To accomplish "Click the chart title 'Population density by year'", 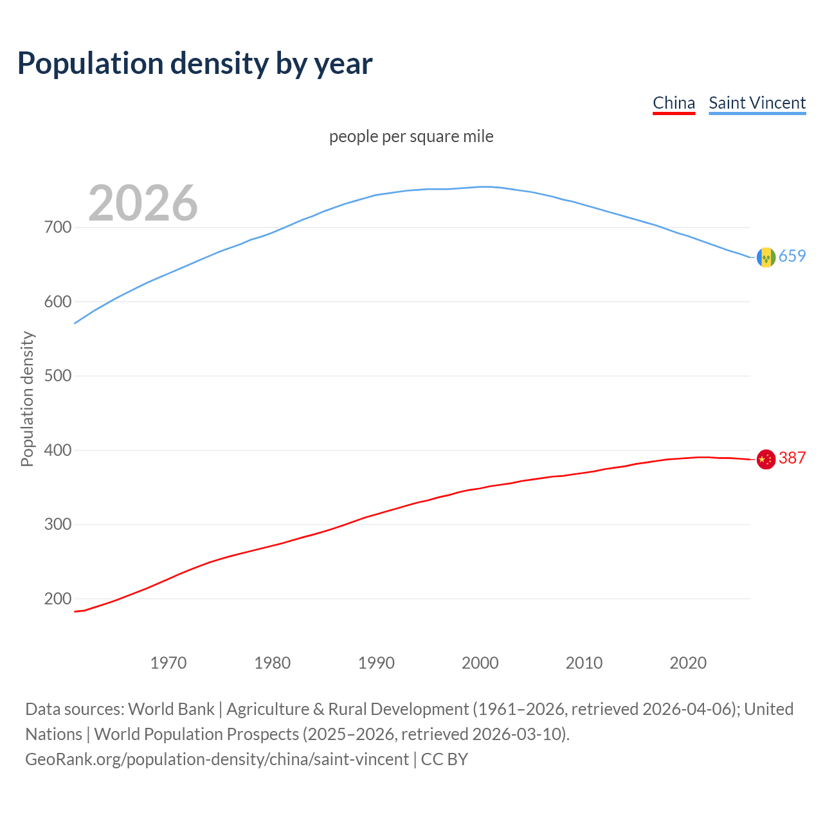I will (x=195, y=63).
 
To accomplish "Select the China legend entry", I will (x=674, y=103).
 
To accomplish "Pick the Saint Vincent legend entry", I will (x=757, y=103).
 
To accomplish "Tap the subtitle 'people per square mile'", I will (x=411, y=136).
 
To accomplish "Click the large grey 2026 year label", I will (x=143, y=203).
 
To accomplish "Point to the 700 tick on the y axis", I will (x=58, y=228).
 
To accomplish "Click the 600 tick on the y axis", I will (x=58, y=302).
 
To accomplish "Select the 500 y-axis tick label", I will (x=58, y=376).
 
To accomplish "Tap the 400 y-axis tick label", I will (x=58, y=450).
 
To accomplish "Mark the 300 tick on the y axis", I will (x=58, y=525).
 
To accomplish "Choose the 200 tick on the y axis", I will (x=58, y=599).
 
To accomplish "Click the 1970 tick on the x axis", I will (x=168, y=663).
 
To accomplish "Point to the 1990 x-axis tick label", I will (x=376, y=663).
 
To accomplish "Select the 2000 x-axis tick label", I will (x=480, y=663).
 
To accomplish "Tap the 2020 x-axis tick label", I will (x=688, y=663).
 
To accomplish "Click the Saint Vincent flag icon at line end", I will (x=766, y=257).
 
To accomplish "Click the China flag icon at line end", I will (x=766, y=459).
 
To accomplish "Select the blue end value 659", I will (x=792, y=256).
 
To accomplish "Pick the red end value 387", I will (x=792, y=458).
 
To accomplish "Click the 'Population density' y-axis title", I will (x=27, y=399).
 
